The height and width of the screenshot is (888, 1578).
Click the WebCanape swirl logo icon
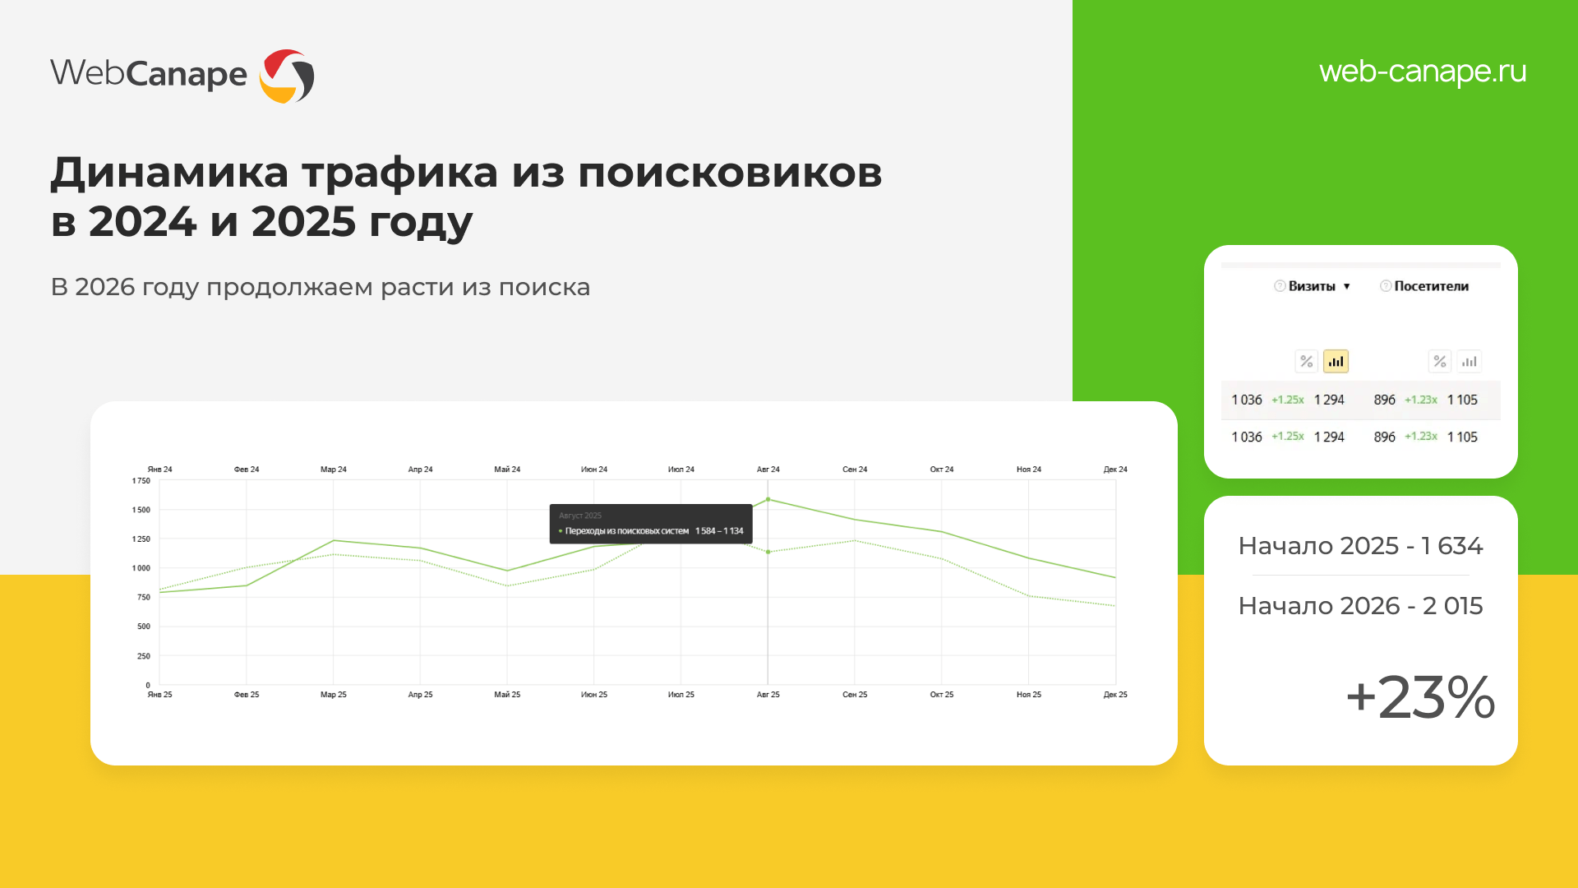click(287, 76)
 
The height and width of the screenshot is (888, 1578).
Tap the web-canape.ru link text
click(1423, 72)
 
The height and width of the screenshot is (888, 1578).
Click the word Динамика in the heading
click(169, 173)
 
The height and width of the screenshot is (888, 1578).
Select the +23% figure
click(1420, 697)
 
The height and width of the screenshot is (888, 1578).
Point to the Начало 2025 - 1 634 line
click(1360, 546)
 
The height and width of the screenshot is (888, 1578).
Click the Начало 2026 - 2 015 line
click(1360, 606)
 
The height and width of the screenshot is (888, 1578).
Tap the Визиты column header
click(1312, 286)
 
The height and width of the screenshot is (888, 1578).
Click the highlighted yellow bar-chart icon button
click(1336, 361)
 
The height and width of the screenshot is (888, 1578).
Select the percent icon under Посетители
click(1439, 361)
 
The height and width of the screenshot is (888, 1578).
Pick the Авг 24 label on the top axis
click(768, 469)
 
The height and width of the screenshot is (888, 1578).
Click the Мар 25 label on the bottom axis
click(334, 695)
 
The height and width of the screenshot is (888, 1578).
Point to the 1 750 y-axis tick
click(141, 481)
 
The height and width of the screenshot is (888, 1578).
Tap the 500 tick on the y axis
click(144, 627)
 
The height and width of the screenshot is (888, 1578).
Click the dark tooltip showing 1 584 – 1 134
click(651, 524)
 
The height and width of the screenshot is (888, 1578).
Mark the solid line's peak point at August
click(768, 499)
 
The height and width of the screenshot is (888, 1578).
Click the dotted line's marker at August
click(768, 552)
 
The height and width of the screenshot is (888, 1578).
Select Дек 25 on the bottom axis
click(1115, 695)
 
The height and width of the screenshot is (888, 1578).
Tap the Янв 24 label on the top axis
click(160, 469)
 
